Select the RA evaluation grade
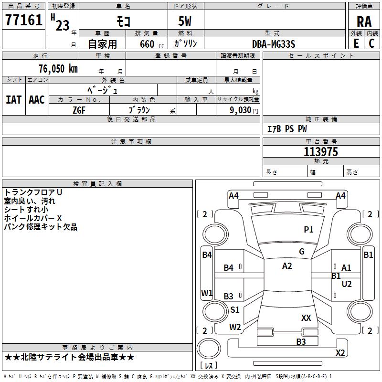[364, 22]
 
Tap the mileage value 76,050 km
[57, 68]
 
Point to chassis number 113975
[321, 152]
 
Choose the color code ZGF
[79, 110]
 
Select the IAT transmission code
[13, 100]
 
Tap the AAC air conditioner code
[37, 100]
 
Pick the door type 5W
[185, 22]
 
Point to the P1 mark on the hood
[308, 230]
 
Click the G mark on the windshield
[302, 252]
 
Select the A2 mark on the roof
[287, 266]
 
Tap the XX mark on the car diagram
[306, 318]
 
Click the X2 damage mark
[340, 353]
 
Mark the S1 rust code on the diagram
[234, 310]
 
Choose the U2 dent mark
[347, 284]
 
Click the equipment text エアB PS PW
[286, 129]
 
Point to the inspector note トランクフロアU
[33, 192]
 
